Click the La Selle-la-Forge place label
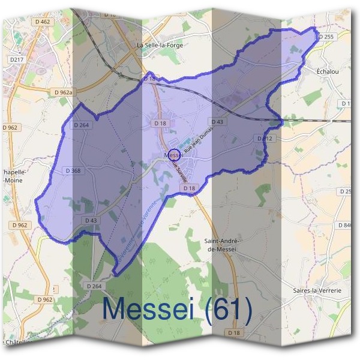click(159, 45)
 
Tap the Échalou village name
click(329, 70)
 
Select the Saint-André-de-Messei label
click(222, 245)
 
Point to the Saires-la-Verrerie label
click(318, 290)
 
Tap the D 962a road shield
click(63, 92)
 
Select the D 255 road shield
click(326, 37)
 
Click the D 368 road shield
click(72, 170)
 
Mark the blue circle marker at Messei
click(174, 155)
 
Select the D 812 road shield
click(265, 139)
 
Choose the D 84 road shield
click(346, 225)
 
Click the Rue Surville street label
click(181, 171)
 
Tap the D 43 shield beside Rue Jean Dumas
click(218, 122)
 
